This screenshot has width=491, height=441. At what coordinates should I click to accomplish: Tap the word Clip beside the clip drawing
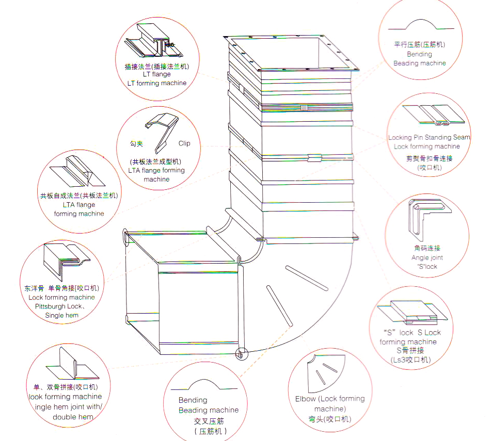pos(184,143)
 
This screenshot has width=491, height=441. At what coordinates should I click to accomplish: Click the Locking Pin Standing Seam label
pos(429,137)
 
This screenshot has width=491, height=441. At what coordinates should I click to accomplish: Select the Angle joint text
pos(427,257)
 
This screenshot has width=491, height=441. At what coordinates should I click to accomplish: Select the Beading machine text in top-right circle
pos(419,63)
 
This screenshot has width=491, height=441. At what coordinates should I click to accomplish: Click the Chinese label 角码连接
pos(427,248)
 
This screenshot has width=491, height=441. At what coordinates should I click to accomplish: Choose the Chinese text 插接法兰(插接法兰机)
pos(156,66)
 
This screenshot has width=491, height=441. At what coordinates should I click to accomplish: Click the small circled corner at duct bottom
pos(241,354)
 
